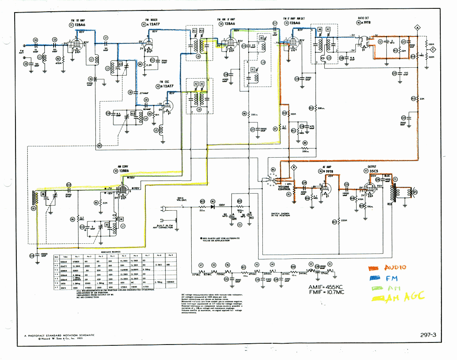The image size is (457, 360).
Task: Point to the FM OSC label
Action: pos(164,82)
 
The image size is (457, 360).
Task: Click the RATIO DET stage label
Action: pos(363,18)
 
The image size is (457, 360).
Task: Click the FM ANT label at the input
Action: pos(21,51)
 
